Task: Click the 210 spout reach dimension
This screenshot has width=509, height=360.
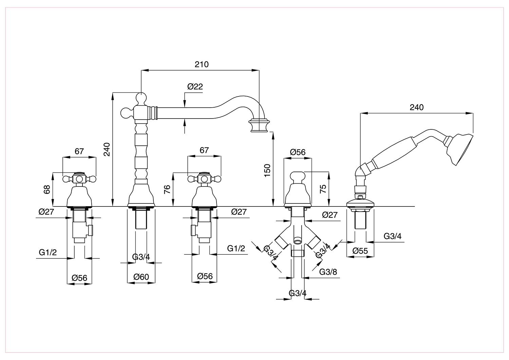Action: click(x=202, y=65)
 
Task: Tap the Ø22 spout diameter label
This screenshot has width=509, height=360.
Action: click(x=195, y=87)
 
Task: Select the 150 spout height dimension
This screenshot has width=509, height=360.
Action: click(x=267, y=170)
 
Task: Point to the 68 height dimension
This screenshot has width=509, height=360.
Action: click(x=46, y=190)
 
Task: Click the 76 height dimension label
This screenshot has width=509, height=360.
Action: click(x=167, y=189)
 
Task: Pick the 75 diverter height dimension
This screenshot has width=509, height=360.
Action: click(x=323, y=189)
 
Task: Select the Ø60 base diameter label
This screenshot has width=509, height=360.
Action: click(x=141, y=277)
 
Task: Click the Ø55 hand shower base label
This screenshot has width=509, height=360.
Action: click(x=360, y=251)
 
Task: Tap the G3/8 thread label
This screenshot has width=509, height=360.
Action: click(x=328, y=272)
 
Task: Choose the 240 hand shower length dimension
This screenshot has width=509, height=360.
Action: click(x=417, y=107)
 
